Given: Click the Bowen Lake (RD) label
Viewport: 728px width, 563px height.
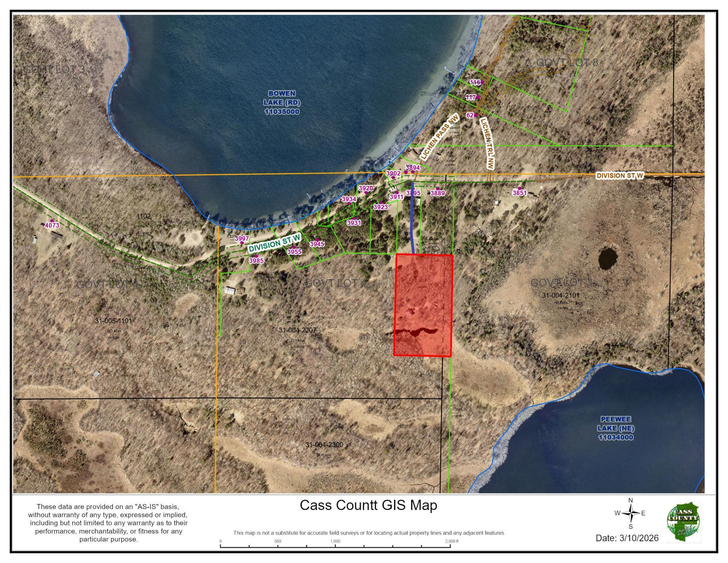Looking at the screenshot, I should pyautogui.click(x=281, y=102).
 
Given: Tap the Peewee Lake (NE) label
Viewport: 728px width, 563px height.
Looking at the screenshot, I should pyautogui.click(x=616, y=428).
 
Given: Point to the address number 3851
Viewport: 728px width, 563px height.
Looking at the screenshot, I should pyautogui.click(x=519, y=193).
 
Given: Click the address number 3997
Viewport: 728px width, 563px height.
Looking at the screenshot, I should pyautogui.click(x=242, y=239).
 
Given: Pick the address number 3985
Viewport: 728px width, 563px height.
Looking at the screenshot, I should pyautogui.click(x=256, y=261).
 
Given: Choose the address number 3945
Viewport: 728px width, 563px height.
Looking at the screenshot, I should pyautogui.click(x=317, y=244).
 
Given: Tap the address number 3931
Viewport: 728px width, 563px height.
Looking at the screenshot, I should pyautogui.click(x=353, y=222).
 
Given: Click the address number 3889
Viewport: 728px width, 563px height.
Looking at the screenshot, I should pyautogui.click(x=437, y=193).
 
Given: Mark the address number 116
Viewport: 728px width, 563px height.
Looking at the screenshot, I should pyautogui.click(x=475, y=82).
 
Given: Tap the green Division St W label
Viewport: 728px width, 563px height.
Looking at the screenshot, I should pyautogui.click(x=274, y=243).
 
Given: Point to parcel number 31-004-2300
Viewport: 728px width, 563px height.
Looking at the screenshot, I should pyautogui.click(x=324, y=445).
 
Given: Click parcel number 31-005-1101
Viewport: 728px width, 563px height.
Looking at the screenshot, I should pyautogui.click(x=113, y=321).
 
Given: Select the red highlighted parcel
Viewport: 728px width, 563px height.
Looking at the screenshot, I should pyautogui.click(x=423, y=305).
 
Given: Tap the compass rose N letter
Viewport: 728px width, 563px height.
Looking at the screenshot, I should pyautogui.click(x=630, y=500).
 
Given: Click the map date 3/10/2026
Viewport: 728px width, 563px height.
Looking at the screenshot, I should pyautogui.click(x=627, y=538).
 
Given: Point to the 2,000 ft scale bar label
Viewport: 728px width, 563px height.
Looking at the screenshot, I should pyautogui.click(x=451, y=541).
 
